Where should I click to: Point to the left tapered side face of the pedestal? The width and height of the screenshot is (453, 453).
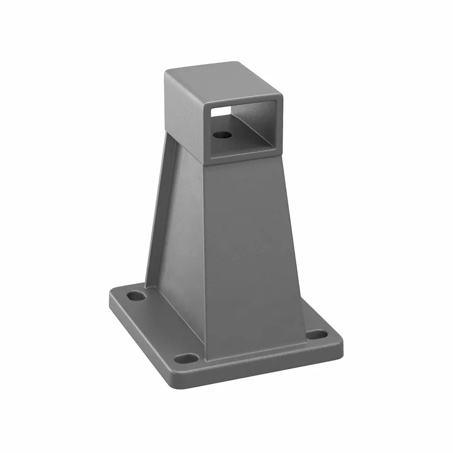(x=176, y=226)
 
